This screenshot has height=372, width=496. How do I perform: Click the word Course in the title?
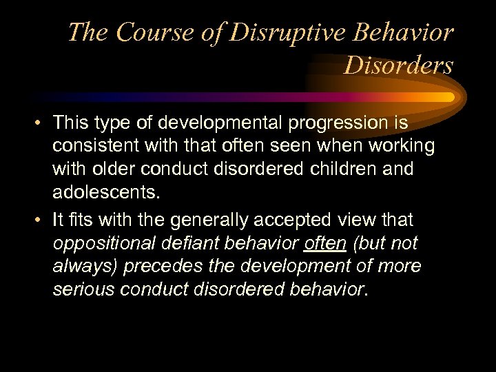pos(147,32)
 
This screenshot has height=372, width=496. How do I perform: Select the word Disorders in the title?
pos(398,65)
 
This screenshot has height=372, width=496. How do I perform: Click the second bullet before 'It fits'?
pos(42,220)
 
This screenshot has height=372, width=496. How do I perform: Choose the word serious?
pos(82,290)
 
